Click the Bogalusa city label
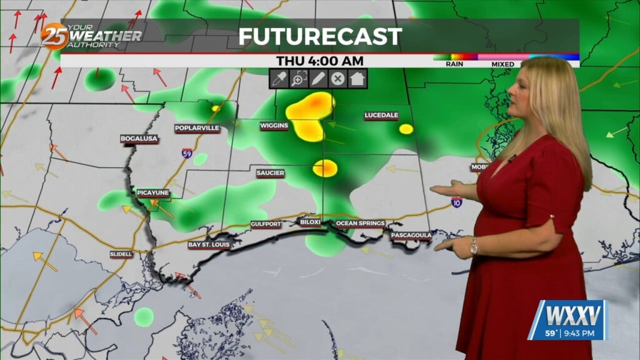tap(139, 138)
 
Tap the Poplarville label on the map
tap(197, 128)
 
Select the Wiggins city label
tap(274, 126)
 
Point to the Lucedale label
tap(381, 116)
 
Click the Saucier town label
tap(271, 172)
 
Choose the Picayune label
tap(153, 193)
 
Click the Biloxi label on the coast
tap(310, 222)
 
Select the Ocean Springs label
tap(360, 223)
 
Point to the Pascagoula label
tap(411, 235)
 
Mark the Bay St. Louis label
tap(209, 244)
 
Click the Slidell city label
tap(121, 254)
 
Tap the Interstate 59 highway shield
tap(187, 152)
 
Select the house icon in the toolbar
tap(357, 79)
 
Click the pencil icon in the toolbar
tap(317, 79)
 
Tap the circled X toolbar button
tap(337, 79)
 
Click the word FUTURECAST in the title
tap(319, 36)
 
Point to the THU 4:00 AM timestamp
tap(320, 61)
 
